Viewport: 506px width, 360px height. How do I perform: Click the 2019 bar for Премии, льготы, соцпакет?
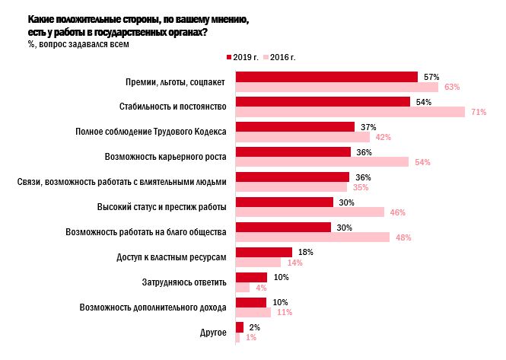[326, 77]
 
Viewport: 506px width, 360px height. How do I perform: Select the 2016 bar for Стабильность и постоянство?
[350, 112]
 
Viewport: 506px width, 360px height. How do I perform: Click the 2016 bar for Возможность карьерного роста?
[322, 162]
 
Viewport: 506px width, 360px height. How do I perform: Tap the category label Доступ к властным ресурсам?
[172, 257]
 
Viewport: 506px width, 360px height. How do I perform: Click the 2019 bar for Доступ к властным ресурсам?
[264, 252]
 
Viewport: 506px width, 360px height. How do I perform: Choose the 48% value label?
[403, 237]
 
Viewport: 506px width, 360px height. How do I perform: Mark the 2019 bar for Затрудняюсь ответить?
[251, 277]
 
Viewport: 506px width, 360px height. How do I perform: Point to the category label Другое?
[213, 332]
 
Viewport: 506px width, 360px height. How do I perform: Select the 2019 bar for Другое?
[240, 327]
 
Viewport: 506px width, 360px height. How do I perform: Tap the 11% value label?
[285, 312]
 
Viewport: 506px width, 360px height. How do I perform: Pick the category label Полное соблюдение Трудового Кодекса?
[151, 132]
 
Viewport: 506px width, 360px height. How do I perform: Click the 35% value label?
[360, 187]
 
